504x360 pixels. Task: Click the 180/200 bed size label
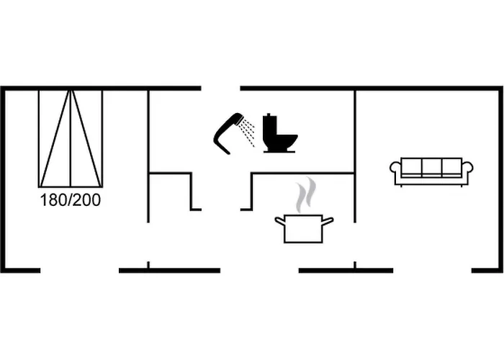(x=71, y=200)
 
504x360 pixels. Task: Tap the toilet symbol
(x=279, y=133)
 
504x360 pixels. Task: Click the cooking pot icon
(x=304, y=228)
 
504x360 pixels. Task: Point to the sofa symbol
(x=431, y=171)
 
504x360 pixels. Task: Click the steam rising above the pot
(x=305, y=194)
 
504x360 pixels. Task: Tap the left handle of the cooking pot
(x=280, y=221)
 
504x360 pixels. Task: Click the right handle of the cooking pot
(x=328, y=221)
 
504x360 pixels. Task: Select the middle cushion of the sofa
(x=431, y=166)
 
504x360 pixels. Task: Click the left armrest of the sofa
(x=396, y=168)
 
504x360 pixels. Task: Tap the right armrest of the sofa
(x=467, y=168)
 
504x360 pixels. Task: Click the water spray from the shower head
(x=248, y=132)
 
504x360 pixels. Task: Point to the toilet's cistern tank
(x=270, y=128)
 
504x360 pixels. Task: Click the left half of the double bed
(x=55, y=138)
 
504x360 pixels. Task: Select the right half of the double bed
(x=86, y=138)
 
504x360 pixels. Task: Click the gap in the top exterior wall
(x=221, y=88)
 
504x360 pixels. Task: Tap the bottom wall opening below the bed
(x=80, y=271)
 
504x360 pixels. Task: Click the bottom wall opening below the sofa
(x=432, y=271)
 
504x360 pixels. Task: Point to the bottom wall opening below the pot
(x=259, y=271)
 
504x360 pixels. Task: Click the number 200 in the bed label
(x=87, y=200)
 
